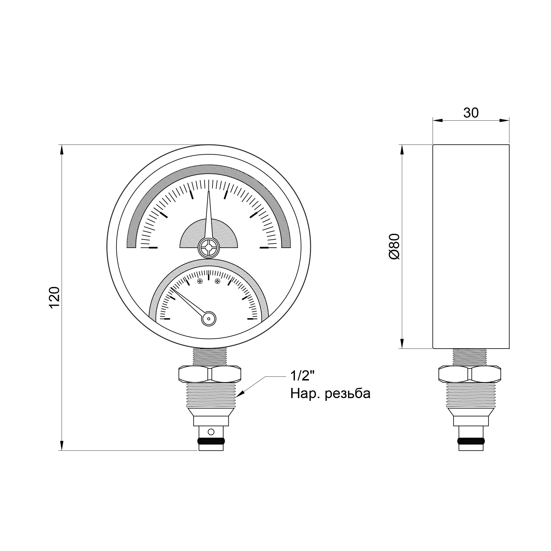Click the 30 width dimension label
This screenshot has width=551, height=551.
(x=471, y=113)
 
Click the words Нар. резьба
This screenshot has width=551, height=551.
(x=330, y=394)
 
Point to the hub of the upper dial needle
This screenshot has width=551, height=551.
(x=208, y=247)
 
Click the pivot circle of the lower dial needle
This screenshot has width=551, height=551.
(x=209, y=318)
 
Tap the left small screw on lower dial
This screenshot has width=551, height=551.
(x=200, y=282)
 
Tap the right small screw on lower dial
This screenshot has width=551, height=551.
(x=218, y=282)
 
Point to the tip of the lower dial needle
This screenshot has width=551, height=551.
(x=172, y=288)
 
